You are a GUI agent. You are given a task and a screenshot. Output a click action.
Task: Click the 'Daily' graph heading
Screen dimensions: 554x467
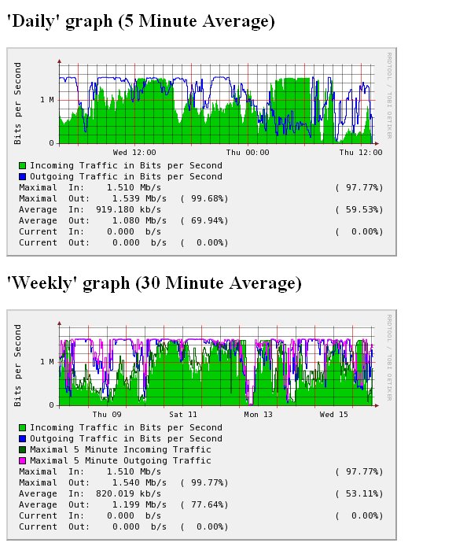pos(141,22)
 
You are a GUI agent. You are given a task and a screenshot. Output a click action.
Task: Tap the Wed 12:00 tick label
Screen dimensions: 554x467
pos(134,152)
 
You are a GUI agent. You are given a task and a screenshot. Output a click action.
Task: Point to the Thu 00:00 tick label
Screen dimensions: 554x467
pos(248,152)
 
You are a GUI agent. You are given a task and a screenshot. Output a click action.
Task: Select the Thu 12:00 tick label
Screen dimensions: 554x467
pos(361,152)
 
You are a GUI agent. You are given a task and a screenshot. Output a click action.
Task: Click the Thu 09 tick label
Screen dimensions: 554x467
pos(106,414)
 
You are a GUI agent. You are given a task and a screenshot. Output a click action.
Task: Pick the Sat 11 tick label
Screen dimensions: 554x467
pos(182,414)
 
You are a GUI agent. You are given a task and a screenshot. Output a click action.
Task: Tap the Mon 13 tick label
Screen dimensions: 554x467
pos(258,414)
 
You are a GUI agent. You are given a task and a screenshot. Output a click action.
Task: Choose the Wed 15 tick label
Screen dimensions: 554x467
pos(333,414)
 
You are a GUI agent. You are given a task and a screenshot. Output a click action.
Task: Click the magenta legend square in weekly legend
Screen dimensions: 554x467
pos(23,460)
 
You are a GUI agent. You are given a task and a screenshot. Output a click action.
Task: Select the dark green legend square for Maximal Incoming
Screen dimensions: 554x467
pos(23,449)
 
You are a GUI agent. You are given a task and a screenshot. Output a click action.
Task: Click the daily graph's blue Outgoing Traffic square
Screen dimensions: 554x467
pos(23,177)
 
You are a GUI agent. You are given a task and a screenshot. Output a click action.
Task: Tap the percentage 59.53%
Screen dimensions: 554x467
pos(359,210)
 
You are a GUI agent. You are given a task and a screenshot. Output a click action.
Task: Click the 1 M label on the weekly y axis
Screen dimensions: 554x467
pos(46,361)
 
